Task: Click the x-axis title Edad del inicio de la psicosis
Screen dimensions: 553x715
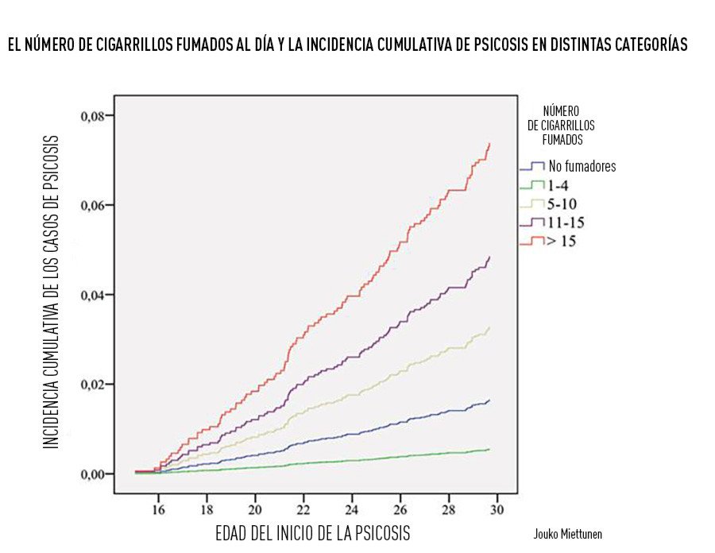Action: coord(314,532)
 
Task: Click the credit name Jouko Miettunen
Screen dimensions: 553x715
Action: coord(573,534)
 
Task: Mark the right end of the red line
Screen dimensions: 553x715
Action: coord(489,144)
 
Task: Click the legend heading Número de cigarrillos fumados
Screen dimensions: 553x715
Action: coord(561,125)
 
